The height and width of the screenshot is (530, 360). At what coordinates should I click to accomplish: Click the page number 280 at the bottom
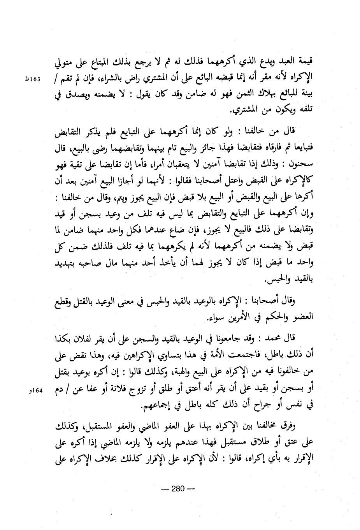tap(180, 489)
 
